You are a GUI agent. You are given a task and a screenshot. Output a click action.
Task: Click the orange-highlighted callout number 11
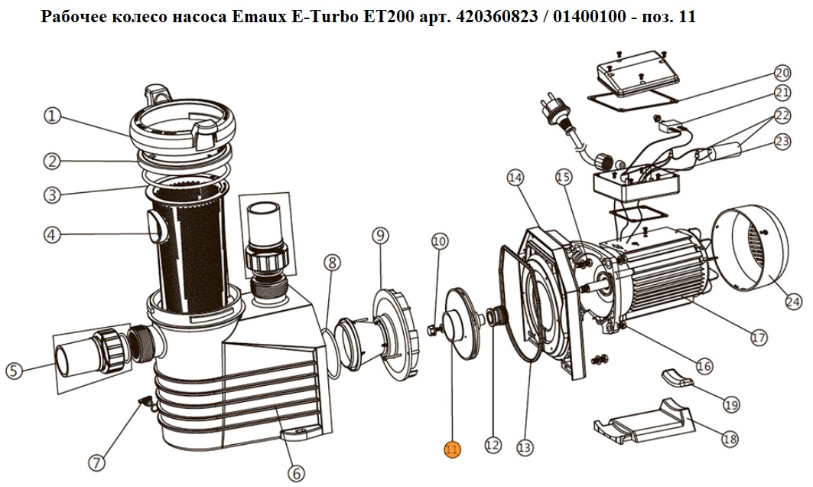point(452,449)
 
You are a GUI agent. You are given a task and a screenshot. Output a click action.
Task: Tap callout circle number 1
point(52,116)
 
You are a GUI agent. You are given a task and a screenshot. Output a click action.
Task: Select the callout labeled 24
point(793,301)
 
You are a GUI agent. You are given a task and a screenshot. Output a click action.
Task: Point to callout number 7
point(96,462)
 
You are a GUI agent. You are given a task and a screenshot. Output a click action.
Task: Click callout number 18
point(730,440)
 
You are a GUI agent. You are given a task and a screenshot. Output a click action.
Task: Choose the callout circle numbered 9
point(380,236)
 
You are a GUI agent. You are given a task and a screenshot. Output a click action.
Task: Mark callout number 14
point(515,178)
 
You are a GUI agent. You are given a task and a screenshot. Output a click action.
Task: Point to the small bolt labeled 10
point(434,328)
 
